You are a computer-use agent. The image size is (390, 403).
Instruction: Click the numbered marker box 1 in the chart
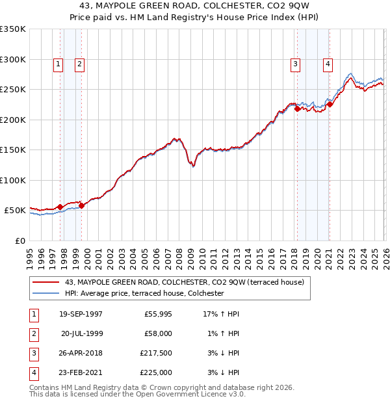pos(58,64)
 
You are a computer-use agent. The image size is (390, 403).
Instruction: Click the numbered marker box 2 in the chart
pos(79,64)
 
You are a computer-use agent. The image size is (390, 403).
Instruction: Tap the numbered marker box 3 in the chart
pos(295,64)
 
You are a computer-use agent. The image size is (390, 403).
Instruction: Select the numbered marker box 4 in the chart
pos(328,64)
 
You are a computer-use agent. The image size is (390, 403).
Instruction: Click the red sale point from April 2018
pos(297,109)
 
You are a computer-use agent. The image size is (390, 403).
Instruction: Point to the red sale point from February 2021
pos(330,104)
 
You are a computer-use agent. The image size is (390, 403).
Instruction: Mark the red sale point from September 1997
pos(60,207)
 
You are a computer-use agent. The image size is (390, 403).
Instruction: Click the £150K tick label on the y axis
pos(13,150)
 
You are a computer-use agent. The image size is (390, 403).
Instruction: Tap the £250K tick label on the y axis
pos(13,90)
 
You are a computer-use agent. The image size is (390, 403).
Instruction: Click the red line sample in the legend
pos(47,282)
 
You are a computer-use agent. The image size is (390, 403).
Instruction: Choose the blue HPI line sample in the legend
pos(47,293)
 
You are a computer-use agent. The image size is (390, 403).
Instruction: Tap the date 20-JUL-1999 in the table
pos(81,333)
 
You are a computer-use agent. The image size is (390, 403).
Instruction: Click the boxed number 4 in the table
pos(32,372)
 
